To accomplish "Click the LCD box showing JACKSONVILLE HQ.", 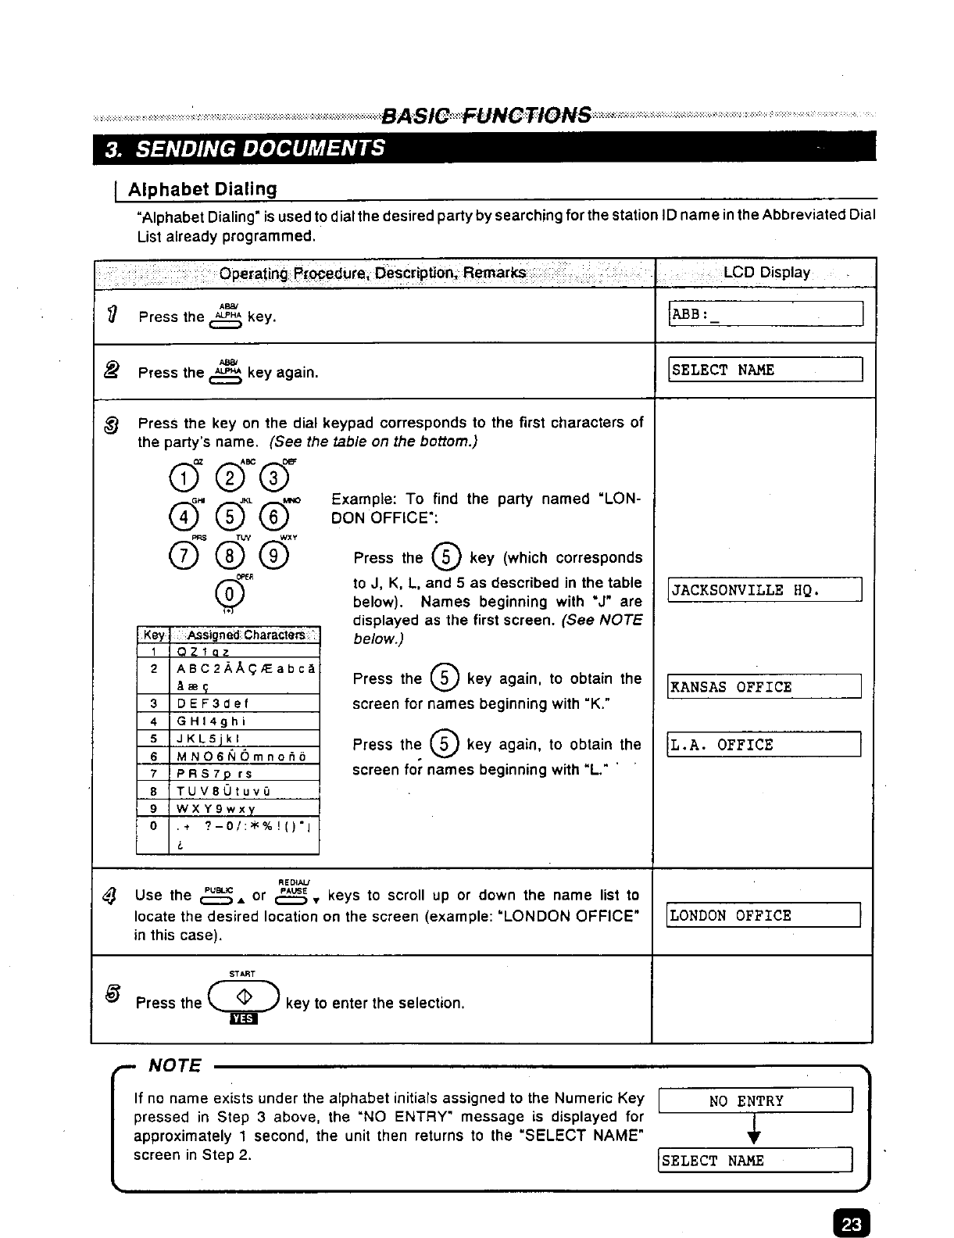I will click(765, 590).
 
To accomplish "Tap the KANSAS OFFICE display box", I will click(763, 687).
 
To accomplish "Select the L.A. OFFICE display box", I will click(763, 745).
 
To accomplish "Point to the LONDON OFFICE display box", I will click(763, 915).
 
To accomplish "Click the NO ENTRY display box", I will click(756, 1101).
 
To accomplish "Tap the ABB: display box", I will click(766, 314).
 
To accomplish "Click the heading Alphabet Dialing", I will click(202, 189).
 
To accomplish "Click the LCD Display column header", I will click(766, 273).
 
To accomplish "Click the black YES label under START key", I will click(243, 1019).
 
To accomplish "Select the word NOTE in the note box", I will click(175, 1066).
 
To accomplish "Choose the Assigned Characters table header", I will click(245, 635).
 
